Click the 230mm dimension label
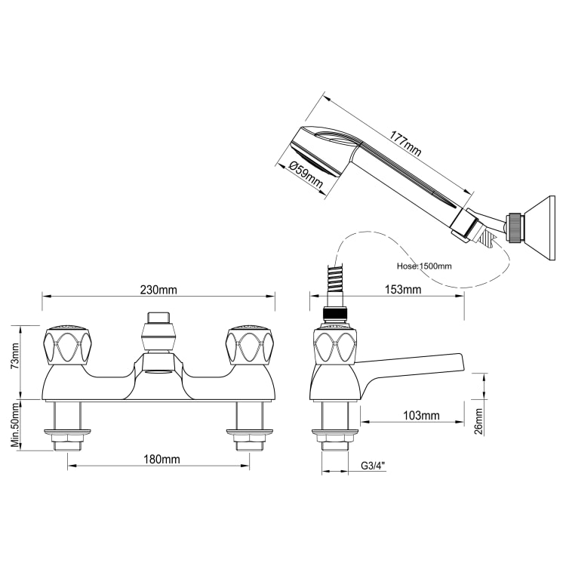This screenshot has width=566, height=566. pos(158,290)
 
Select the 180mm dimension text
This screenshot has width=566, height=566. pos(159,459)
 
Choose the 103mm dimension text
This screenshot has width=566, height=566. pos(421,416)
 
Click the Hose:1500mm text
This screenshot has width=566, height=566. pos(424,266)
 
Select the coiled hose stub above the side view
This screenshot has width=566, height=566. pos(334,284)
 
